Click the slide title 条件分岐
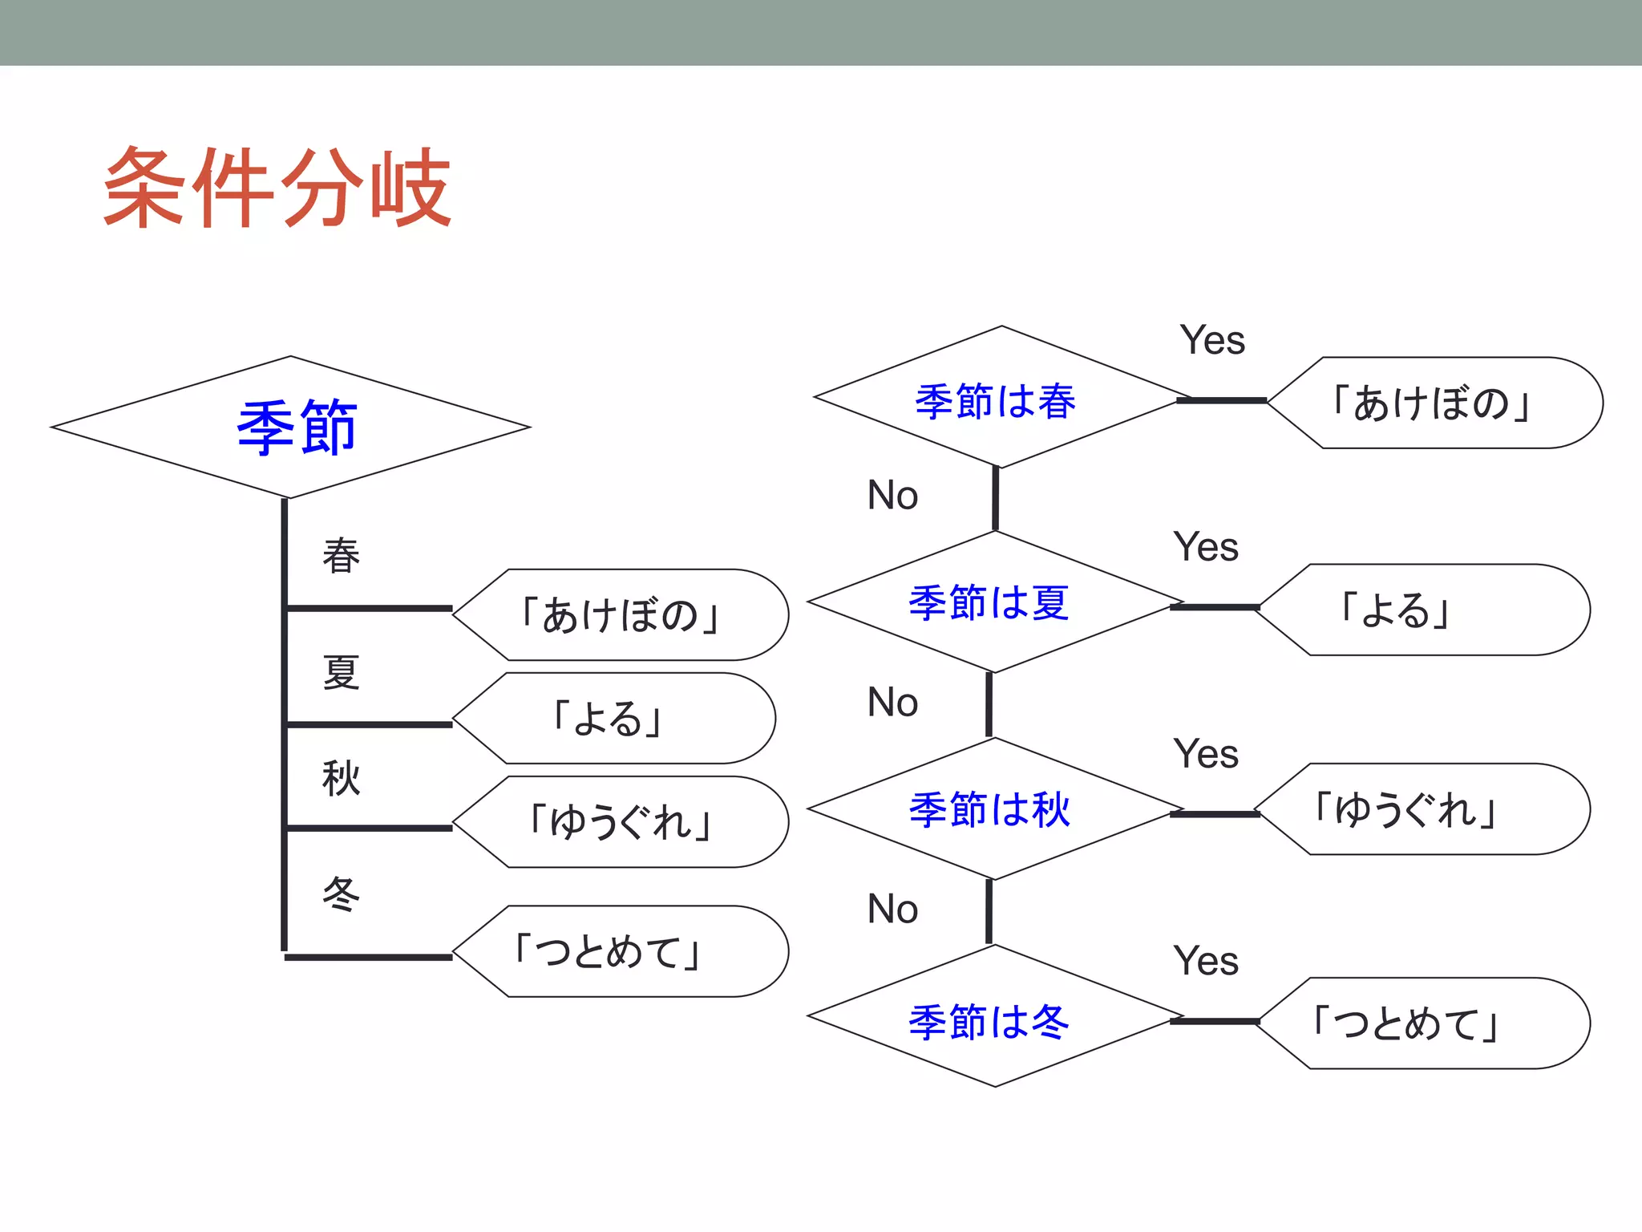[277, 188]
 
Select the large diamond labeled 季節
[290, 427]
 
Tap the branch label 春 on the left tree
[341, 555]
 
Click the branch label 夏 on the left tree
[341, 672]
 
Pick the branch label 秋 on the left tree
[341, 777]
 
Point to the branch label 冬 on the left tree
[341, 894]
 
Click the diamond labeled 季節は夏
[990, 602]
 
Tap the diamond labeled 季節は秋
[990, 808]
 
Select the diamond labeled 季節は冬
[990, 1019]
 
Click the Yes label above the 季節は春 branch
[1212, 340]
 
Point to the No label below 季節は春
[892, 495]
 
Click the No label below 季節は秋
[892, 909]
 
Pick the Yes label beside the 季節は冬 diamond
[1206, 960]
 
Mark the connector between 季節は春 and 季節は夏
[996, 499]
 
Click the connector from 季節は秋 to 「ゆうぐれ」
[1215, 814]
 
